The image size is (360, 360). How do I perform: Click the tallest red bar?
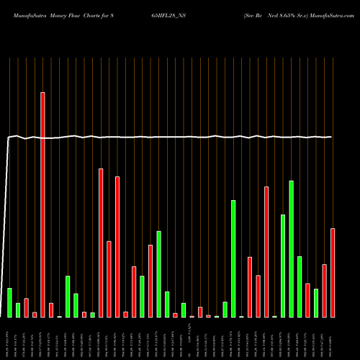[42, 204]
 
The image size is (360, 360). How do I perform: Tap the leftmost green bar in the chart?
[9, 302]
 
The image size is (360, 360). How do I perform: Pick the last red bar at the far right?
[333, 272]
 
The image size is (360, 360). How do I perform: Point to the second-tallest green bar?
[233, 258]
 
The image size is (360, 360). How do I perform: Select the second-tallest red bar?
[101, 243]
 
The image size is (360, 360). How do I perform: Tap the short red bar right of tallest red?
[51, 310]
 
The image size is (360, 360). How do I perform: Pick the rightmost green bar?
[316, 302]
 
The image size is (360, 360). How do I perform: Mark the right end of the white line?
[332, 137]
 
